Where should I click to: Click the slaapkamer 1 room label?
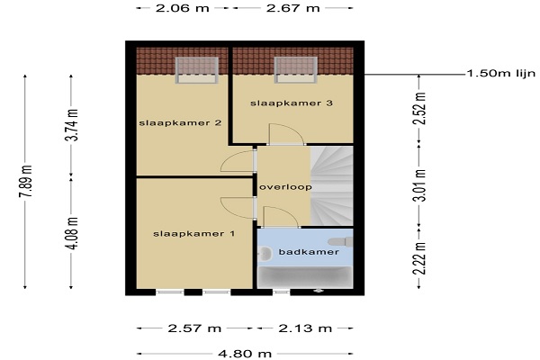(193, 234)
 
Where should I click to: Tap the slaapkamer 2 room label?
(180, 123)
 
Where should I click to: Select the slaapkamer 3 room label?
(292, 103)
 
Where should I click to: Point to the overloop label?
(285, 187)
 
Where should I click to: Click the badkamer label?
(309, 252)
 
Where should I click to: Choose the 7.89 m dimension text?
(25, 181)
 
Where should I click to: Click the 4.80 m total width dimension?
(245, 354)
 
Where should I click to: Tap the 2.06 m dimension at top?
(183, 8)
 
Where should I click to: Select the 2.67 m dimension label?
(293, 8)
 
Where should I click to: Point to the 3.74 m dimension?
(72, 125)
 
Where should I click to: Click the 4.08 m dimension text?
(73, 233)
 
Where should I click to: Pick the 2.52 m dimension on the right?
(420, 108)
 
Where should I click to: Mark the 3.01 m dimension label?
(419, 185)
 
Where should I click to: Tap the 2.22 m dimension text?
(419, 258)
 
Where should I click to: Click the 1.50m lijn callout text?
(501, 74)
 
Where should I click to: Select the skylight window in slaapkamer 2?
(196, 70)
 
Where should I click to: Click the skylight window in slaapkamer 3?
(295, 70)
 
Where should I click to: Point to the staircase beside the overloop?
(332, 186)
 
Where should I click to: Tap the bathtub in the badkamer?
(305, 277)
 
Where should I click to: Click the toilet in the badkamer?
(340, 242)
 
